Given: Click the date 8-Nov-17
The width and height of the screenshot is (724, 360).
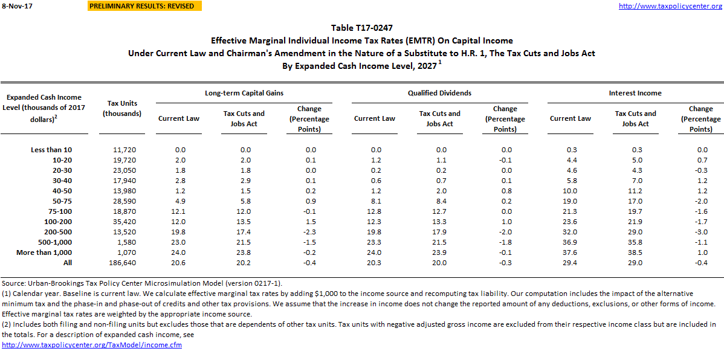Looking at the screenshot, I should click(x=13, y=6).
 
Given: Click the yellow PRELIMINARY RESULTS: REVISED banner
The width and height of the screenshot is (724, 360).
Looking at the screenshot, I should click(x=142, y=6).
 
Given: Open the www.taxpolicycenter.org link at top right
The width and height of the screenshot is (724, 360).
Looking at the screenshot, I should click(x=670, y=6).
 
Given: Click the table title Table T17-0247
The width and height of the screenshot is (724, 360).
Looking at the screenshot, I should click(x=361, y=28).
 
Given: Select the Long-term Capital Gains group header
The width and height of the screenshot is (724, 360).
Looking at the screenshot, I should click(x=244, y=93).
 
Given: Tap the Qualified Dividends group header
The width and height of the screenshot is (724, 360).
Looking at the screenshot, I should click(x=439, y=93).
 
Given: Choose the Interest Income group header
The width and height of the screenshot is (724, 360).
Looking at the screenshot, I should click(x=635, y=93).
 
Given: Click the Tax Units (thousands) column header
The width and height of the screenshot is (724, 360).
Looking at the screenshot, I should click(x=122, y=108).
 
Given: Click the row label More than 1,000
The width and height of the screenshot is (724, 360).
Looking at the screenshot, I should click(x=45, y=252).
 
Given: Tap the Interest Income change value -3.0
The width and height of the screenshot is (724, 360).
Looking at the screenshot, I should click(x=700, y=232).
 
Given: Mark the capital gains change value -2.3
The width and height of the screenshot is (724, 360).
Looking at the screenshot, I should click(x=309, y=232).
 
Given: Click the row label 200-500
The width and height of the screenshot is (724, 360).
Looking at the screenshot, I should click(x=59, y=232).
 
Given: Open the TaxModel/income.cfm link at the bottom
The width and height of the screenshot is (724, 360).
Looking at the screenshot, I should click(x=92, y=345).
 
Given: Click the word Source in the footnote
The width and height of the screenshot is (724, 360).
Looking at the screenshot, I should click(x=13, y=283).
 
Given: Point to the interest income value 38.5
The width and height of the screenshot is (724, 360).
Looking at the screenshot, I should click(x=635, y=252).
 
